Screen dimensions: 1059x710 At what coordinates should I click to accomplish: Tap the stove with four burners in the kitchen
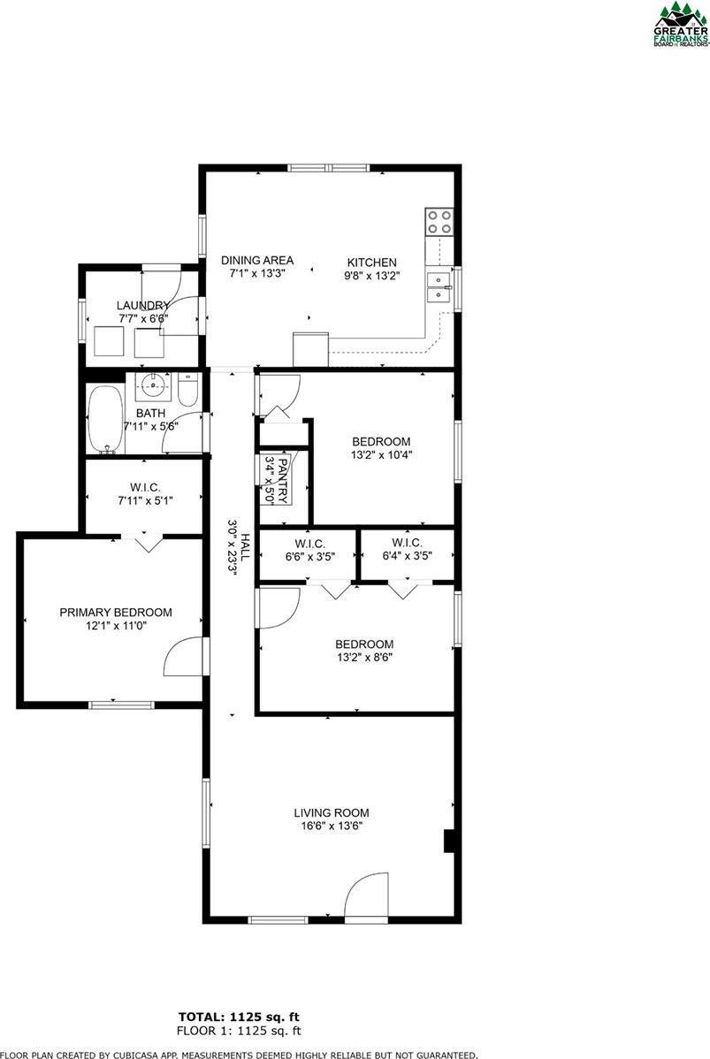pos(439,221)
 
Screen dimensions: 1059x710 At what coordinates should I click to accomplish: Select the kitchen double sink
pos(439,287)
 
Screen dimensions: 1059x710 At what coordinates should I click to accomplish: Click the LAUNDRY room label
pos(142,305)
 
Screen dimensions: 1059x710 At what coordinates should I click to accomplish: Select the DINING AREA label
pos(256,262)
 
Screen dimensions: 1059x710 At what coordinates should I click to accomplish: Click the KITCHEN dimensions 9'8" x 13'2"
pos(371,275)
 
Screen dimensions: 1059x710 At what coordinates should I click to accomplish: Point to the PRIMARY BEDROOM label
pos(116,612)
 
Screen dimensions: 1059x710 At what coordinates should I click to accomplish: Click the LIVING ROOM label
pos(332,812)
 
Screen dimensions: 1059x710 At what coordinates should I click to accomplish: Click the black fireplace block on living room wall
pos(449,841)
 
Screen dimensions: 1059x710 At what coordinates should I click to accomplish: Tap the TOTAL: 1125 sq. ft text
pos(244,1017)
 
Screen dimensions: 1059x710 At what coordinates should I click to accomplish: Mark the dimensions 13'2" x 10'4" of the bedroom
pos(381,455)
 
